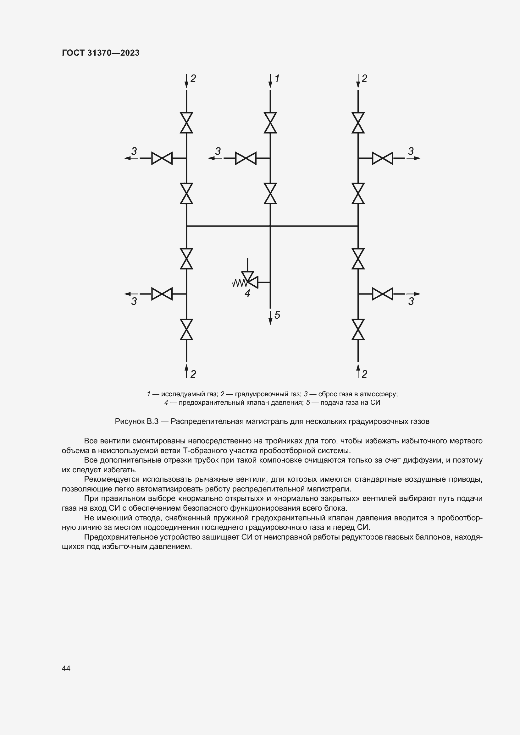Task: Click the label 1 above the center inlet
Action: pos(277,79)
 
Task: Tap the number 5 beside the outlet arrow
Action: pos(277,315)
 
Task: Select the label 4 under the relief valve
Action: pos(247,293)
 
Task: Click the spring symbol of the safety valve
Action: pos(239,283)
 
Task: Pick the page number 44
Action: pos(66,668)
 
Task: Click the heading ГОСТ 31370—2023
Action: pos(101,53)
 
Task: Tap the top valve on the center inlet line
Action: pos(270,123)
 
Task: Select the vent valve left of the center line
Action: pos(246,158)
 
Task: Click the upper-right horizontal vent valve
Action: pos(382,158)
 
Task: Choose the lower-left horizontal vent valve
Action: pos(162,293)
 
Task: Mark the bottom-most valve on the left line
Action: pos(186,329)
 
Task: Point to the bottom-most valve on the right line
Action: pos(358,329)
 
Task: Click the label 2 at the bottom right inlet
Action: pos(364,374)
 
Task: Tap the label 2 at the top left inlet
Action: pos(193,79)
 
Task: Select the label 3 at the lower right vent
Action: pos(411,301)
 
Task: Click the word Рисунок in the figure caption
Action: pos(129,421)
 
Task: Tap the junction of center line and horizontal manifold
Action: pos(270,226)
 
